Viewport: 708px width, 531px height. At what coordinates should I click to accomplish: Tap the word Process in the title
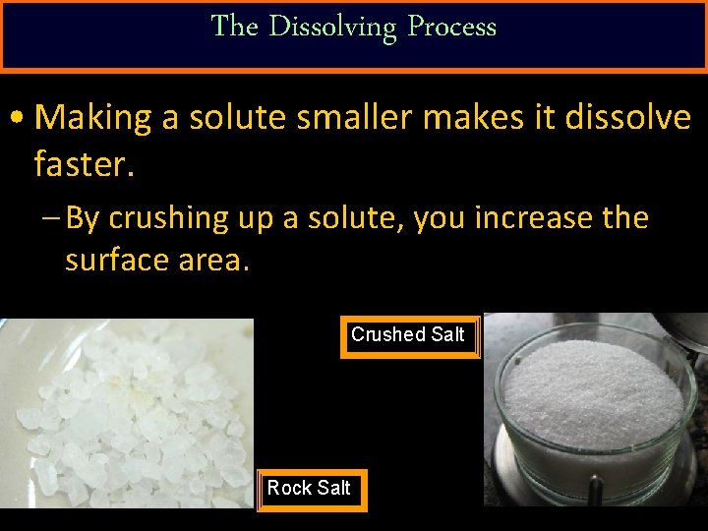click(451, 27)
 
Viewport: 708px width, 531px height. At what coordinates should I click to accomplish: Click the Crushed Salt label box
click(409, 336)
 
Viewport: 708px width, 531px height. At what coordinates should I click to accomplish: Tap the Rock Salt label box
click(311, 489)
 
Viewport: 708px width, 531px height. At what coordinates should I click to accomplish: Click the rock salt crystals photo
click(126, 413)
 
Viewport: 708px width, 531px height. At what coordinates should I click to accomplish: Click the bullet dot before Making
click(18, 119)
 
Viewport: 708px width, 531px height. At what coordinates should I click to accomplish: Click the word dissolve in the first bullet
click(626, 118)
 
